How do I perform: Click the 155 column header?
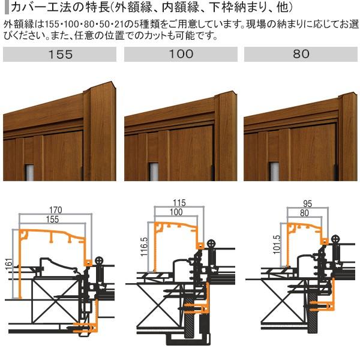59,54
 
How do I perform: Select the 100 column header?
181,54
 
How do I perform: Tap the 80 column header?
301,54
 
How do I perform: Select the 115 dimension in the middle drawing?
176,203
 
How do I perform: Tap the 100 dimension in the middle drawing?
175,212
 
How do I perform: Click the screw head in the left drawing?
98,259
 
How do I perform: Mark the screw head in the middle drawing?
211,244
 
